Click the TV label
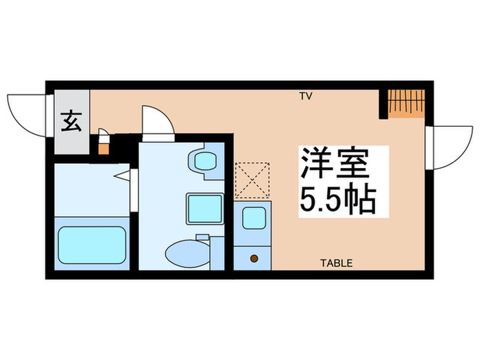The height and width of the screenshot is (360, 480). click(305, 96)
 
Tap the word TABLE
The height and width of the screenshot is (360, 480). click(337, 263)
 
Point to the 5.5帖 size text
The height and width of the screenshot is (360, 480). click(335, 199)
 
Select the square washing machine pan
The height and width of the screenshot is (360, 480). click(204, 208)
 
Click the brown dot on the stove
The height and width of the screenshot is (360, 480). click(254, 259)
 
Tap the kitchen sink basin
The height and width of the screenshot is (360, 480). click(253, 217)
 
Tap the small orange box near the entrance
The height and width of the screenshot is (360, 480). click(104, 147)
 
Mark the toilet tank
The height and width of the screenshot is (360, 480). click(215, 252)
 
